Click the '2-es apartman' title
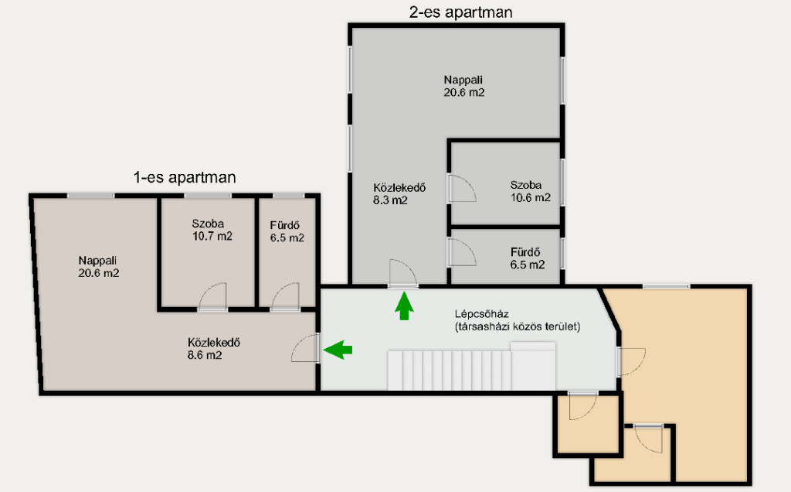coord(460,12)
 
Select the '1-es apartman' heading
coord(185,177)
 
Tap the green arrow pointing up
coord(403,306)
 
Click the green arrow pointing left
coord(338,349)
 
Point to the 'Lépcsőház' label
coord(481,313)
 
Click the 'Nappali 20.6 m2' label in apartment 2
coord(464,86)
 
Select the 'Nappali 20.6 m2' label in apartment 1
coord(98,267)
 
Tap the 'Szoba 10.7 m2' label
coord(212,229)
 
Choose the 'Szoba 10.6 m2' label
coord(530,191)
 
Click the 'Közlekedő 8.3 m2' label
coord(399,193)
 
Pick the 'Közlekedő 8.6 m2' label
coord(213,349)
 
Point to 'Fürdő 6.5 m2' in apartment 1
coord(287,231)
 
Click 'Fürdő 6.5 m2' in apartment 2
coord(527,258)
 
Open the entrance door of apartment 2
coord(402,275)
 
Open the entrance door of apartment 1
coord(305,348)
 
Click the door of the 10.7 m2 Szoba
coord(212,297)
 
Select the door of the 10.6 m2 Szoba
coord(462,189)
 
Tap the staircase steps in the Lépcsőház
coord(449,371)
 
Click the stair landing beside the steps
coord(533,366)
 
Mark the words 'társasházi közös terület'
coord(518,326)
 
